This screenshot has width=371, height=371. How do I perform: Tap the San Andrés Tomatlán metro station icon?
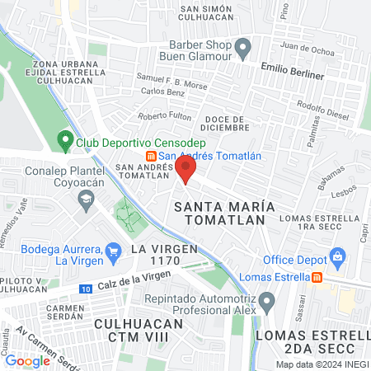tap(151, 157)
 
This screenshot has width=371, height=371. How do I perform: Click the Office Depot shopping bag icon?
tap(336, 257)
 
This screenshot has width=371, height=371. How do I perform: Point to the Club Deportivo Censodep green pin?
tap(64, 141)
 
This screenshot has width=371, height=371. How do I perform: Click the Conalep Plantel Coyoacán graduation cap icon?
tap(85, 199)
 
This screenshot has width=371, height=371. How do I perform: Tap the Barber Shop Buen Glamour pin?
tap(242, 49)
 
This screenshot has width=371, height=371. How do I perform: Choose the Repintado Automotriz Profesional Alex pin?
tap(266, 303)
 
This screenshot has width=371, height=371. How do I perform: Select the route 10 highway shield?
tap(86, 289)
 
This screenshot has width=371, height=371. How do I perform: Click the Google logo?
tap(27, 360)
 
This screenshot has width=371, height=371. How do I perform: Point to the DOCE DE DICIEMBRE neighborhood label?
tap(223, 124)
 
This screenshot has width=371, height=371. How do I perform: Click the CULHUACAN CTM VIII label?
tap(137, 330)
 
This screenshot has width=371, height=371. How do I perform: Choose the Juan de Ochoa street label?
tap(307, 49)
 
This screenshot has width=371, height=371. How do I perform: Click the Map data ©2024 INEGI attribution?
tap(322, 364)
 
